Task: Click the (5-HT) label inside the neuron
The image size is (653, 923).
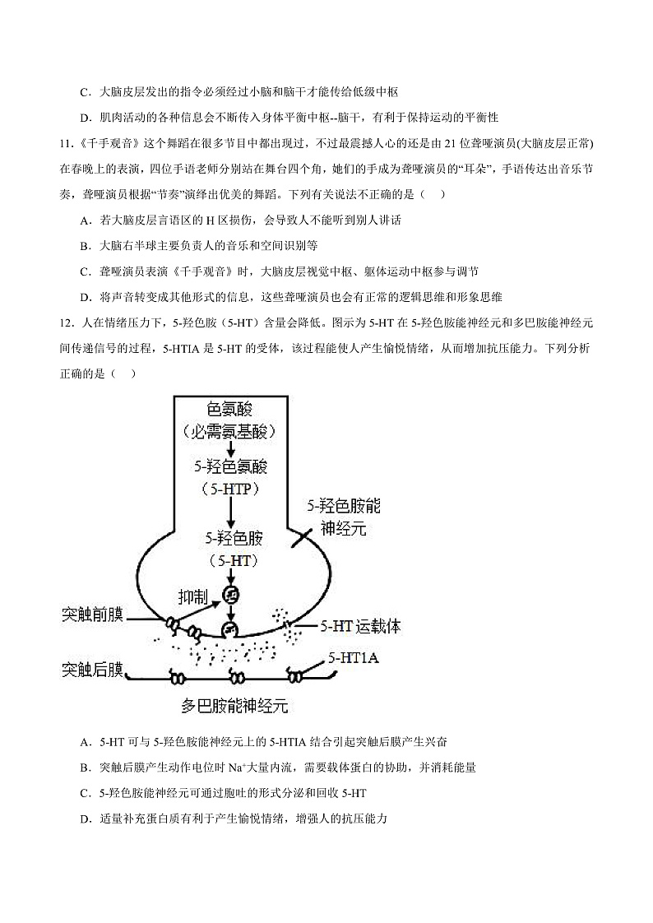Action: [x=233, y=561]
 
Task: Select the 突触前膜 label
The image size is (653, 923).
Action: [x=92, y=615]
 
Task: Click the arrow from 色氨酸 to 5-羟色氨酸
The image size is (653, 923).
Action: [x=231, y=449]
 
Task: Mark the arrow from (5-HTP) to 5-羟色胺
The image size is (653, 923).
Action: [x=231, y=513]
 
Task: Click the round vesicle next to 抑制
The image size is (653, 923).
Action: [x=232, y=593]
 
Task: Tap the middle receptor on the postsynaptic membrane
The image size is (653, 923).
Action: [x=237, y=678]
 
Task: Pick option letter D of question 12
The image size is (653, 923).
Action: [x=85, y=819]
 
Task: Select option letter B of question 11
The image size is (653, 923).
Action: [x=85, y=245]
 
